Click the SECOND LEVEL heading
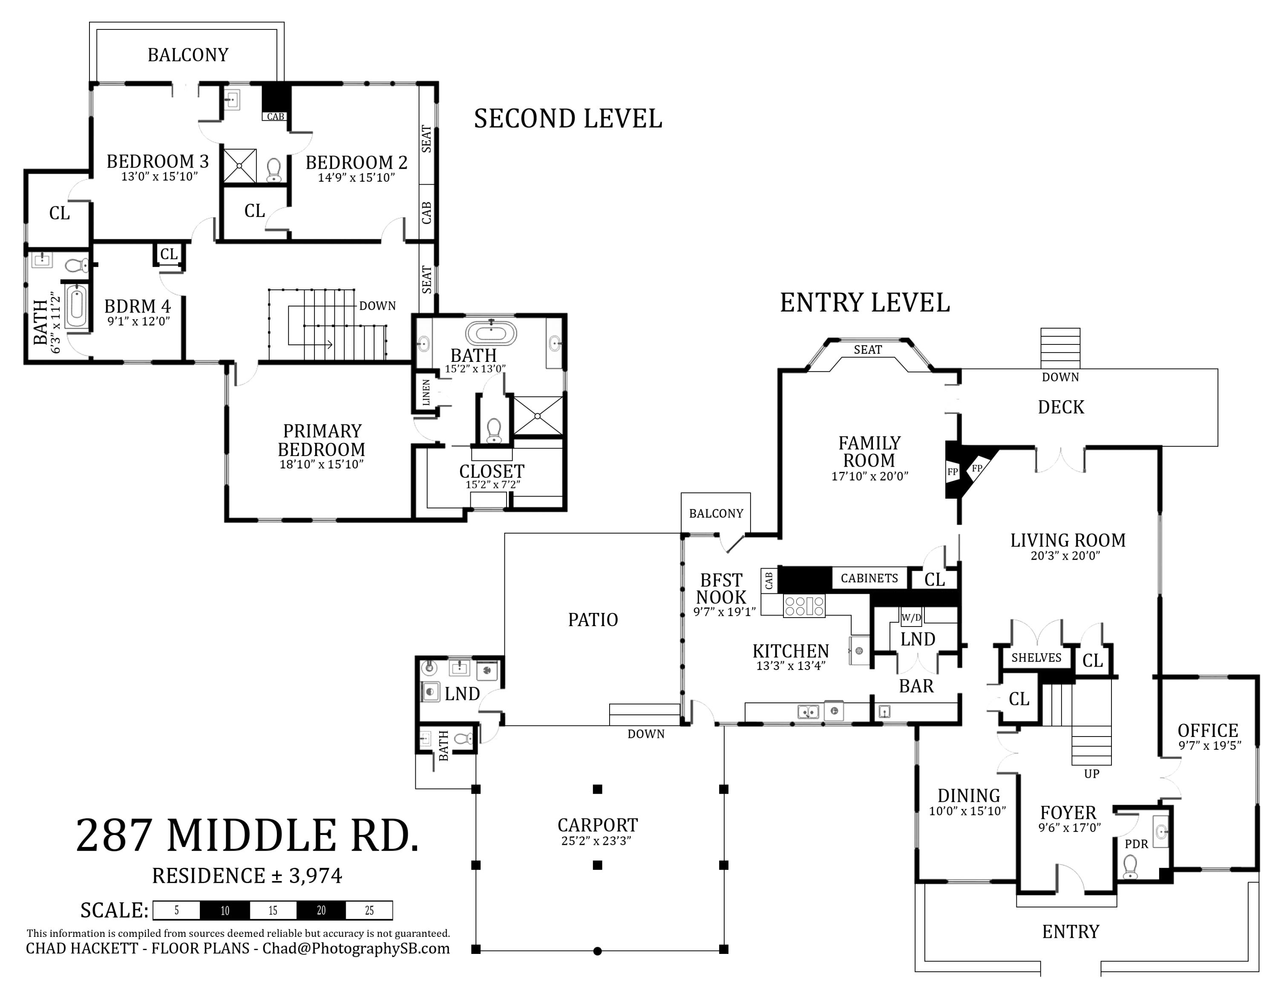coord(567,119)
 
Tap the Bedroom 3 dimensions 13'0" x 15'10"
coord(159,177)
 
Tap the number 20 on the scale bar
coord(321,911)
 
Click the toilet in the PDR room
coord(1130,867)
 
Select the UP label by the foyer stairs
coord(1091,774)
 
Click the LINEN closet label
coord(426,393)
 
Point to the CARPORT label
coord(597,825)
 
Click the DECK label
coord(1060,407)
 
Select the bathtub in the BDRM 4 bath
coord(77,306)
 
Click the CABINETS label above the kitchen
coord(869,578)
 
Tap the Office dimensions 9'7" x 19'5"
coord(1209,745)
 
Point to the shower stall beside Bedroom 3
coord(239,166)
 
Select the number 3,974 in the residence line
coord(315,875)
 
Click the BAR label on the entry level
coord(916,686)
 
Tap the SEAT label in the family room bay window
coord(867,350)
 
